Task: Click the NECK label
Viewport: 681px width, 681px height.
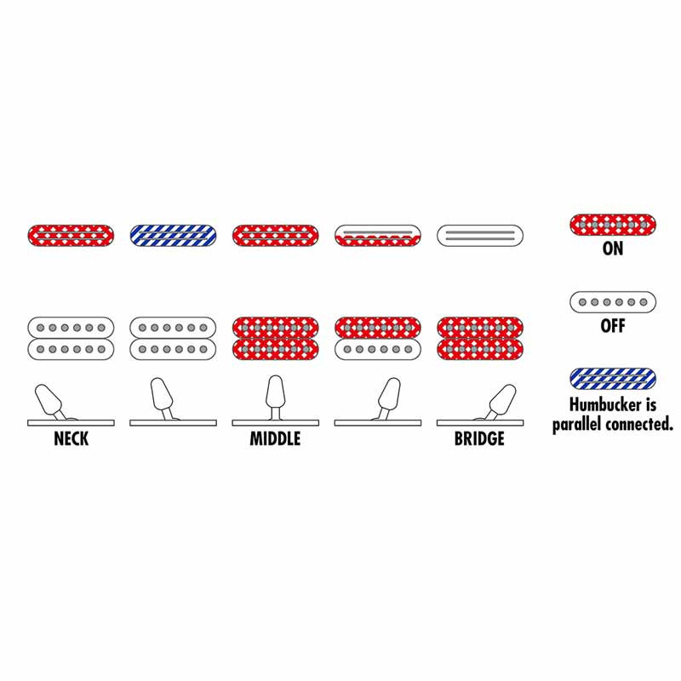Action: tap(72, 438)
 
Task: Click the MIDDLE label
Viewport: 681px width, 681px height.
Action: tap(275, 438)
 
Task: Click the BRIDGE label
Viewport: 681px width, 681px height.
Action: tap(479, 438)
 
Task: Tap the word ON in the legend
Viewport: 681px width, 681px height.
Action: tap(613, 249)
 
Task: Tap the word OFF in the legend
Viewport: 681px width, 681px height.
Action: tap(613, 326)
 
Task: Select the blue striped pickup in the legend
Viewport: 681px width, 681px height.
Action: tap(613, 379)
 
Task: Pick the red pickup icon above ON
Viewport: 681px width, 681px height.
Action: tap(613, 225)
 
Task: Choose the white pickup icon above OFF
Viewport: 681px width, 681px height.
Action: tap(613, 302)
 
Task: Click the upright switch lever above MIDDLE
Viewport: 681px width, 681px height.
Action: tap(275, 397)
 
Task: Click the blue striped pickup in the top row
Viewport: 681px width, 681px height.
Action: tap(174, 236)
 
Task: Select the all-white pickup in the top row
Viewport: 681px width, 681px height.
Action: tap(480, 236)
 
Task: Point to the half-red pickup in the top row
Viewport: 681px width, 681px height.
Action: tap(378, 236)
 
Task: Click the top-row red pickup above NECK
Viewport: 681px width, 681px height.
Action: tap(72, 236)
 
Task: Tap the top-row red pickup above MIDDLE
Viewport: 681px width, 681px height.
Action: tap(275, 236)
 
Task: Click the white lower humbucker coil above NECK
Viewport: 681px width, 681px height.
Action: tap(72, 349)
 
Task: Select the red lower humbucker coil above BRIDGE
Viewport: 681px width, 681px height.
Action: tap(480, 349)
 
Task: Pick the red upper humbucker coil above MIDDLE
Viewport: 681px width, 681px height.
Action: tap(275, 328)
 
